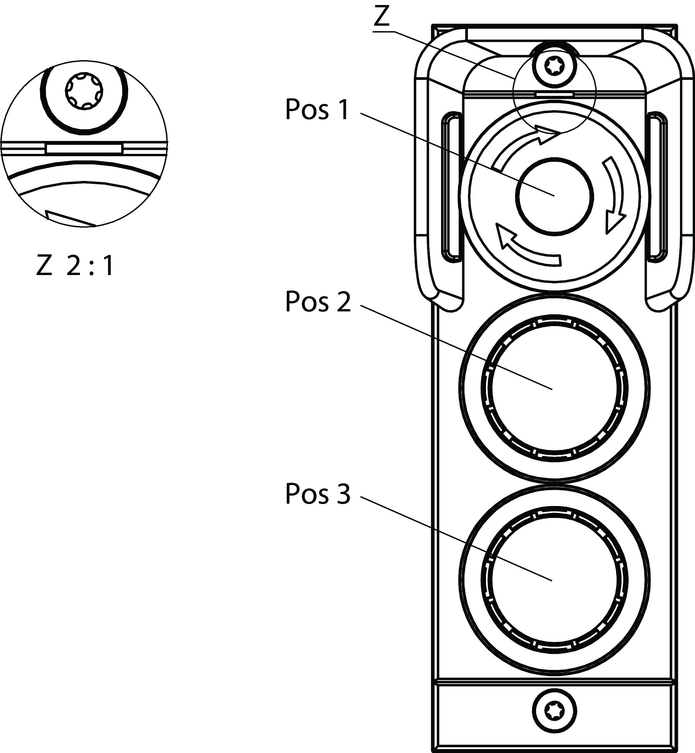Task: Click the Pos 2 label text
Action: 318,301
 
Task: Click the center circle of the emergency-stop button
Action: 555,196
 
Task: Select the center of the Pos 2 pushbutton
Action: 555,388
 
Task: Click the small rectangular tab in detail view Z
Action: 84,148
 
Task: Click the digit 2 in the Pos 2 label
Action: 343,301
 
